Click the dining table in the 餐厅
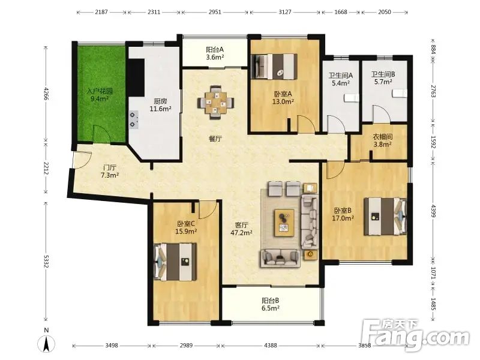pos(216,103)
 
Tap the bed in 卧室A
pos(274,67)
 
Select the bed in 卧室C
pos(175,262)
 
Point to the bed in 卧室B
pos(385,217)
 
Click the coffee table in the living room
pos(284,223)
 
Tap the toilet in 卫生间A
pos(351,98)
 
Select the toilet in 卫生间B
pos(400,94)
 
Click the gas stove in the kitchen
pos(133,119)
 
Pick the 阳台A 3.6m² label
pos(215,53)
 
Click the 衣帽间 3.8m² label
pos(382,141)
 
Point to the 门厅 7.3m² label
pos(110,172)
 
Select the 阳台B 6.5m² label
pos(271,305)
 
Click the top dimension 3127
pos(284,12)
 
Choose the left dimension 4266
pos(46,94)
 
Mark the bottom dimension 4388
pos(271,346)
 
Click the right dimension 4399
pos(433,211)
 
